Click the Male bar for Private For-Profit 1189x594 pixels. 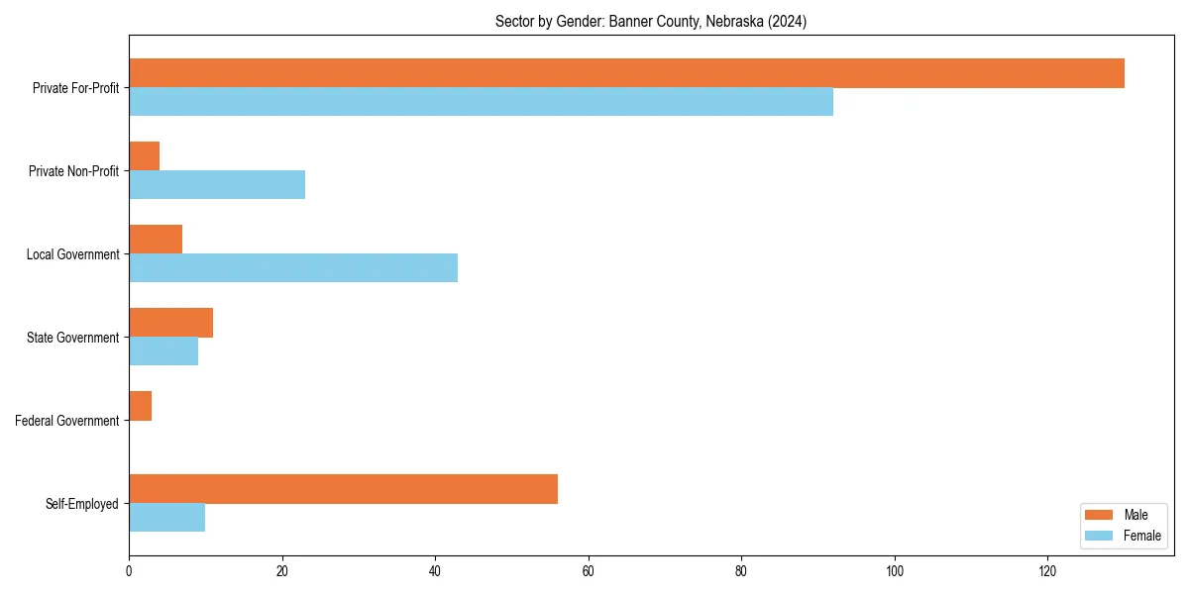pos(626,73)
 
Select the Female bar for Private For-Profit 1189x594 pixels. pos(481,102)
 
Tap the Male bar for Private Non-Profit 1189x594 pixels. pos(144,156)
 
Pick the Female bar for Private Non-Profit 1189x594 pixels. pos(217,185)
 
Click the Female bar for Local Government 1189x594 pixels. pos(293,268)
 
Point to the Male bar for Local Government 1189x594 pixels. pos(156,240)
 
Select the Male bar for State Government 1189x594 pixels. pos(170,323)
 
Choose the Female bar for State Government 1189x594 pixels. pos(163,351)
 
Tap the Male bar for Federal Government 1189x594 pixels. pos(140,406)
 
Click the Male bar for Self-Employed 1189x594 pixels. pos(343,489)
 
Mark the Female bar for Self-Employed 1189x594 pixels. pos(166,518)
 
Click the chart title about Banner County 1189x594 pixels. pos(651,22)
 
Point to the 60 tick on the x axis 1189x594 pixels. pos(589,571)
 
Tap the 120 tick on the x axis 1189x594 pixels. pos(1047,571)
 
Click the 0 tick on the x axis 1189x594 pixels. pos(129,571)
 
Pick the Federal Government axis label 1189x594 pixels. pos(67,421)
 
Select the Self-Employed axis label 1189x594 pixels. pos(82,504)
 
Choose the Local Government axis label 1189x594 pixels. pos(72,254)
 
